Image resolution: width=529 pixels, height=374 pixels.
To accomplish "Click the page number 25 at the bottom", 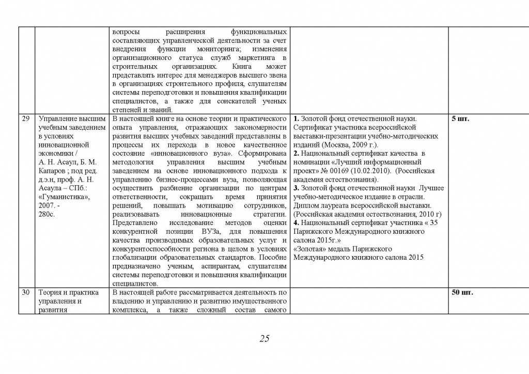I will (x=264, y=339).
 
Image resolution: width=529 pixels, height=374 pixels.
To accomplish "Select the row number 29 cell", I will (x=25, y=119).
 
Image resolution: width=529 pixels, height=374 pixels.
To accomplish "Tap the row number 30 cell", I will (x=25, y=293).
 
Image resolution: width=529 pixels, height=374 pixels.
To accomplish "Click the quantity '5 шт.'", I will (x=460, y=119).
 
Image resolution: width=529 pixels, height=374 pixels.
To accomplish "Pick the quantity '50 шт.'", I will (x=462, y=293).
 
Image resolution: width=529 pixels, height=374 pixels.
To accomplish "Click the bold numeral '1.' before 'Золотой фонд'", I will (x=297, y=119).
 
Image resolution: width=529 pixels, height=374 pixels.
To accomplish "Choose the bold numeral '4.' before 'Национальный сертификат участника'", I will (x=297, y=223).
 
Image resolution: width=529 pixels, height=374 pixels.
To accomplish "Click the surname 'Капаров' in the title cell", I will (x=51, y=171).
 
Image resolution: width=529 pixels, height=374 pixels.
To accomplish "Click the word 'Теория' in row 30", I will (x=51, y=293).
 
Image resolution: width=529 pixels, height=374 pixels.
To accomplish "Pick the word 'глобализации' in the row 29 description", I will (x=133, y=258).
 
